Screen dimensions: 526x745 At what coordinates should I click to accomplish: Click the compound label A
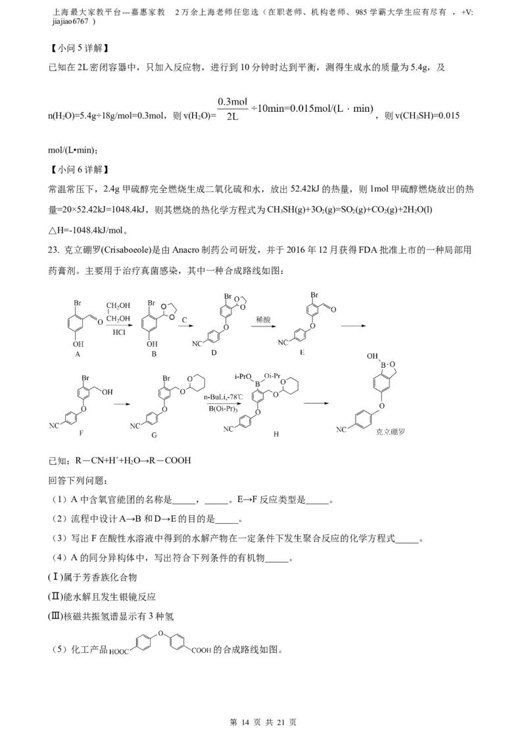point(78,354)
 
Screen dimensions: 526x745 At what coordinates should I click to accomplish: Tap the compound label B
point(154,354)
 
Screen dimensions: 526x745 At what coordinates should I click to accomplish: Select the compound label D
point(214,353)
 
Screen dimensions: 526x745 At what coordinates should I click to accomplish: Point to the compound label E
point(302,352)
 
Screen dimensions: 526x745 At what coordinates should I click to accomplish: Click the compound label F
point(81,433)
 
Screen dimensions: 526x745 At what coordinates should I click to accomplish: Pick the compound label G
point(154,435)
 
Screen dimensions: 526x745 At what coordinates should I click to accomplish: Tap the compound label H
point(275,434)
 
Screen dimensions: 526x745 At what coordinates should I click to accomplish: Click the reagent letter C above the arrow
point(185,320)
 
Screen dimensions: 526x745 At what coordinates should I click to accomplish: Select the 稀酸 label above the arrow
point(263,320)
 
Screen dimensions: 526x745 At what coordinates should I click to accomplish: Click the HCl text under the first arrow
point(119,332)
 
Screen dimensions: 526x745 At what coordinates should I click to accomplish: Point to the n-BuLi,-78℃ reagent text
point(224,397)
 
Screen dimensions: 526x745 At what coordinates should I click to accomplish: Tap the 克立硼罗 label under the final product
point(391,432)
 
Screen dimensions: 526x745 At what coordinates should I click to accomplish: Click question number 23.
point(54,250)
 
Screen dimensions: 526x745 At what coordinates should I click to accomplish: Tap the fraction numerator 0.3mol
point(233,101)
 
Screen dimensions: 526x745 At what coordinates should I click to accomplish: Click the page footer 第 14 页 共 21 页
point(263,722)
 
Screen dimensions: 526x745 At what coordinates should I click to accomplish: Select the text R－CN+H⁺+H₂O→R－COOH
point(133,461)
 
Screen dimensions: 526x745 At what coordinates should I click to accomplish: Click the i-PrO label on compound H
point(243,376)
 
